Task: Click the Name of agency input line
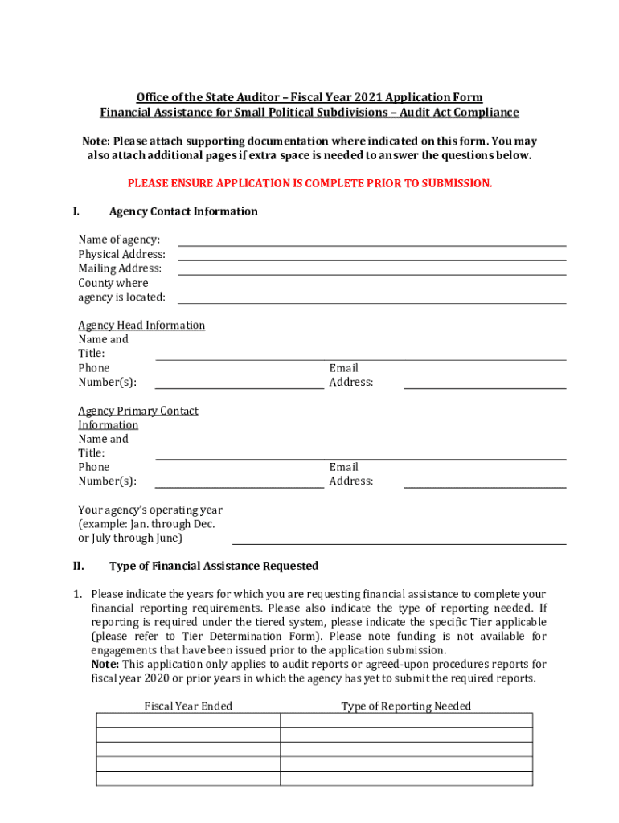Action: pos(371,240)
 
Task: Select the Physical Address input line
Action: pos(371,254)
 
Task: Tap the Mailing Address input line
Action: pos(371,268)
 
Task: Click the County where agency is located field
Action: pos(371,297)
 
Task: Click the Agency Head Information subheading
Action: pos(141,326)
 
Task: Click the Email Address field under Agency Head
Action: pos(485,382)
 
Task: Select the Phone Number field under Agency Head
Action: pos(239,382)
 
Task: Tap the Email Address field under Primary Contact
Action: pos(485,481)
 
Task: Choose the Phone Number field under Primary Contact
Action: pos(239,481)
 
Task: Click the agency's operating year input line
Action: pos(399,538)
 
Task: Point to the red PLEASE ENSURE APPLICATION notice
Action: pos(309,184)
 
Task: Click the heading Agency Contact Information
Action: pos(183,211)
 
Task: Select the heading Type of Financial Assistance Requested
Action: pos(214,566)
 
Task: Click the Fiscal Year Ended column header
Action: pos(188,706)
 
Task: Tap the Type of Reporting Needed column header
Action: pos(406,706)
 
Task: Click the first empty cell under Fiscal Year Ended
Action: pos(188,720)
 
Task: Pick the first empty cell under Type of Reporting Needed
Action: pos(406,720)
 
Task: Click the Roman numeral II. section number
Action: pos(79,566)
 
